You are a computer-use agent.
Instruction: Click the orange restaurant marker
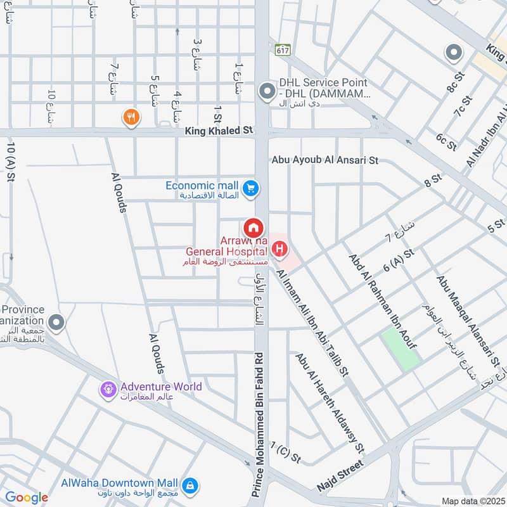pyautogui.click(x=131, y=117)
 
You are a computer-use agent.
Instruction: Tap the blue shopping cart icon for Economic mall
pyautogui.click(x=251, y=188)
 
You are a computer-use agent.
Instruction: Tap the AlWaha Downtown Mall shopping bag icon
pyautogui.click(x=189, y=486)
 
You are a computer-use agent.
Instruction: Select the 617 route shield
pyautogui.click(x=281, y=48)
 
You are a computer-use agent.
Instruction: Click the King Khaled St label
pyautogui.click(x=219, y=130)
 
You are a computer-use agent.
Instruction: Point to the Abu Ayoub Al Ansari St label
pyautogui.click(x=324, y=160)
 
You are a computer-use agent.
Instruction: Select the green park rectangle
pyautogui.click(x=400, y=349)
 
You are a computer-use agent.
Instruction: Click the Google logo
pyautogui.click(x=27, y=497)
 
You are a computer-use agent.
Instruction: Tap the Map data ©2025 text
pyautogui.click(x=472, y=501)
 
